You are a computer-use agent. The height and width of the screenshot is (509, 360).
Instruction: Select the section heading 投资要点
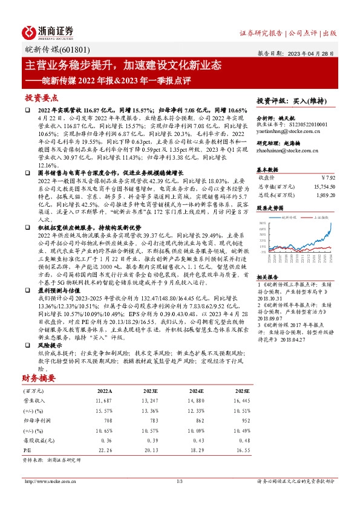click(42, 97)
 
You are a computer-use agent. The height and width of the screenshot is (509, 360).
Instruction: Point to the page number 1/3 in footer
click(180, 481)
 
